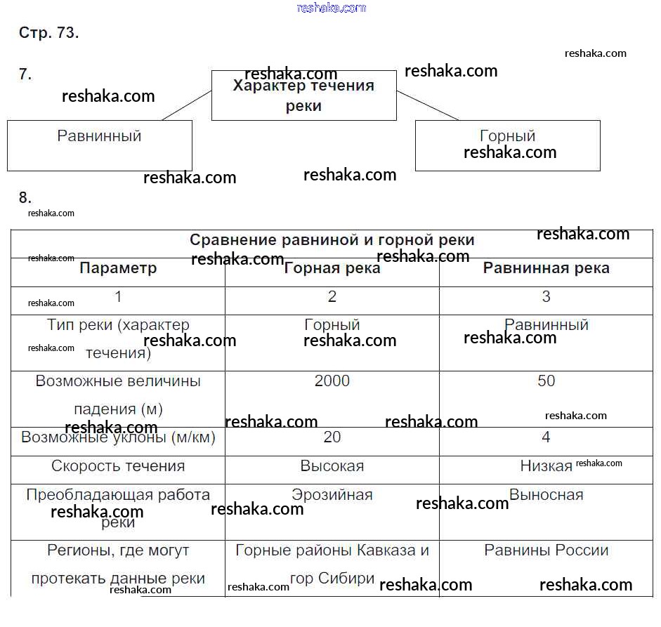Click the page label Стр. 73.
point(48,33)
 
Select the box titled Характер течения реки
point(303,95)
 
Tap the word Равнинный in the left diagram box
point(99,136)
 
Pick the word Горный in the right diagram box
point(507,136)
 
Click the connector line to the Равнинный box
point(186,105)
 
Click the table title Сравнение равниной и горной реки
point(332,240)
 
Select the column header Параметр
point(118,268)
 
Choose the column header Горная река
point(332,268)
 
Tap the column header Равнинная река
point(546,268)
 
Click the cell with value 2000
point(332,381)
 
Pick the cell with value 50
point(546,381)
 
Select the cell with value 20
point(332,437)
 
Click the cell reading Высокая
point(332,466)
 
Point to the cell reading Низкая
point(546,466)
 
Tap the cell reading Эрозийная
point(332,495)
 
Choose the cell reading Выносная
point(546,495)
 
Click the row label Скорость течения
point(118,466)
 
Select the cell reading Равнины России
point(546,550)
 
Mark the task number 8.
point(25,197)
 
